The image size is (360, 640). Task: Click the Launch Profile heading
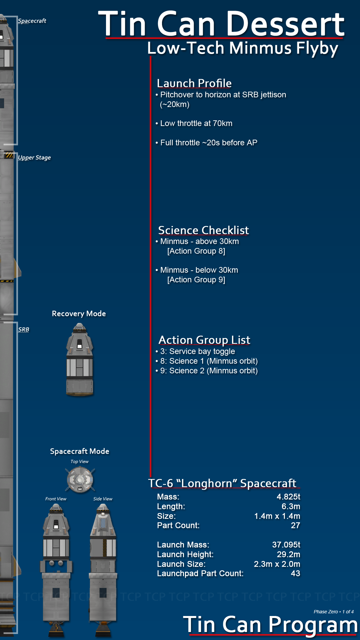tap(194, 83)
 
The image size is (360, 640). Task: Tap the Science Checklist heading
tap(203, 230)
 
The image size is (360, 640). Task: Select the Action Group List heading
tap(204, 340)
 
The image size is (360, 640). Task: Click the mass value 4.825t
tap(288, 497)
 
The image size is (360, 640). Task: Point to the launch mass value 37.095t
tap(286, 545)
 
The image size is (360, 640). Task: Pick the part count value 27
tap(295, 525)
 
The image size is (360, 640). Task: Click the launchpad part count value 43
tap(295, 573)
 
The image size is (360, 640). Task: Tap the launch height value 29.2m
tap(288, 554)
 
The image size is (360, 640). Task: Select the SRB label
tap(24, 329)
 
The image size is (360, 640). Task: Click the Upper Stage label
tap(34, 158)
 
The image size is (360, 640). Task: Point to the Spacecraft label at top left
tap(32, 21)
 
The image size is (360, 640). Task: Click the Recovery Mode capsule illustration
tap(80, 360)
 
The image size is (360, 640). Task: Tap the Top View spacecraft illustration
tap(80, 480)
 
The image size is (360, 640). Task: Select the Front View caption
tap(56, 499)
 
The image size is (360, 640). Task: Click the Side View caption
tap(103, 499)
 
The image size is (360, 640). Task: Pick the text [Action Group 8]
tap(196, 251)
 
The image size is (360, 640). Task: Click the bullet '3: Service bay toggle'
tap(195, 351)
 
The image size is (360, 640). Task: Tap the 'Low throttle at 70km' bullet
tap(194, 123)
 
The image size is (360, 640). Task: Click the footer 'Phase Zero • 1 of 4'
tap(334, 612)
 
